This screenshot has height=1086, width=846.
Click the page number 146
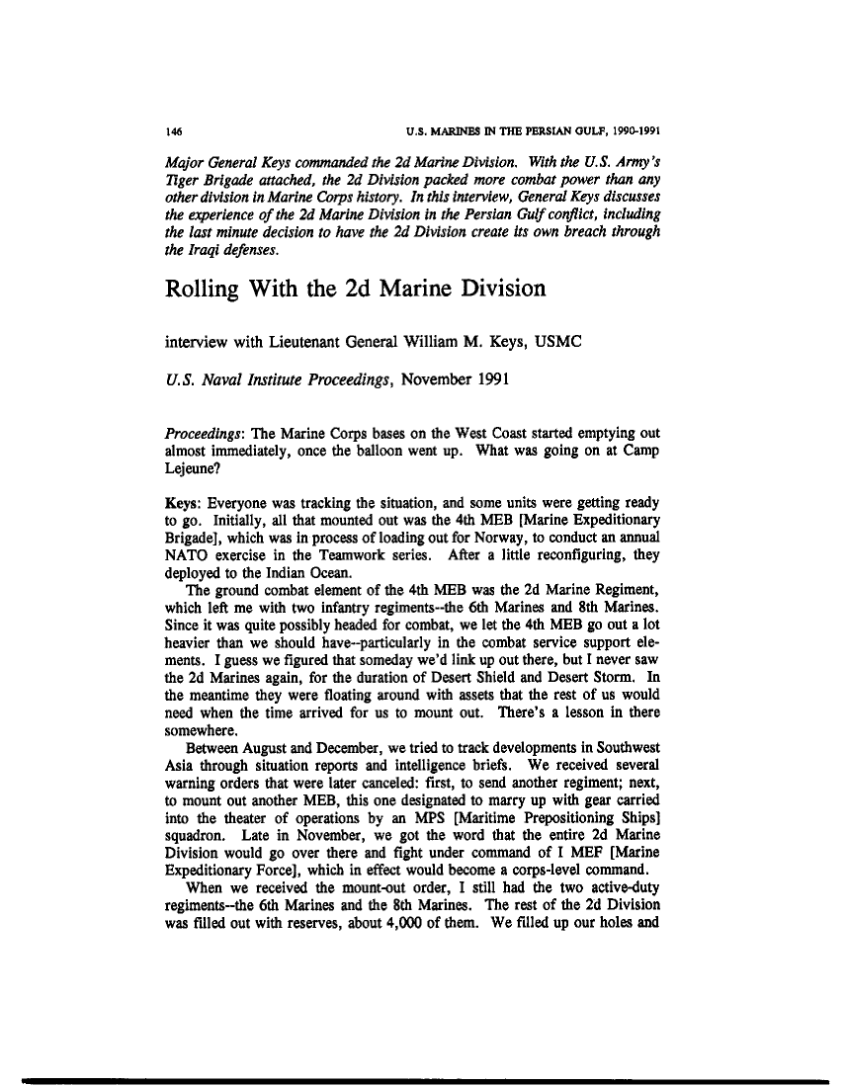click(172, 129)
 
